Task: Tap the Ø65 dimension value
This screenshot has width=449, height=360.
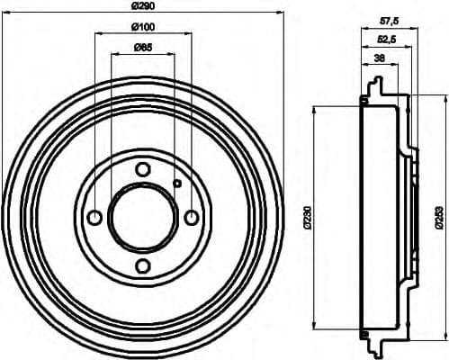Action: coord(143,48)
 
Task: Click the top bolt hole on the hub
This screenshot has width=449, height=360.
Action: coord(142,169)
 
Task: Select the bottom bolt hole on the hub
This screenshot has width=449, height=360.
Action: coord(142,265)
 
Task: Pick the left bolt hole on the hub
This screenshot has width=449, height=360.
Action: coord(94,217)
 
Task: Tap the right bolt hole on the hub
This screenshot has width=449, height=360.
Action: coord(191,217)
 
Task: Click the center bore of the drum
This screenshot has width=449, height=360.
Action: coord(142,217)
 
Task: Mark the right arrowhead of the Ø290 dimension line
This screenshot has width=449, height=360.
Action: coord(279,16)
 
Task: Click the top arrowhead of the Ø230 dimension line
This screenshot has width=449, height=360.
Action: coord(314,109)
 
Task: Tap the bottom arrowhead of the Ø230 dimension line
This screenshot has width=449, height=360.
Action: coord(314,328)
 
